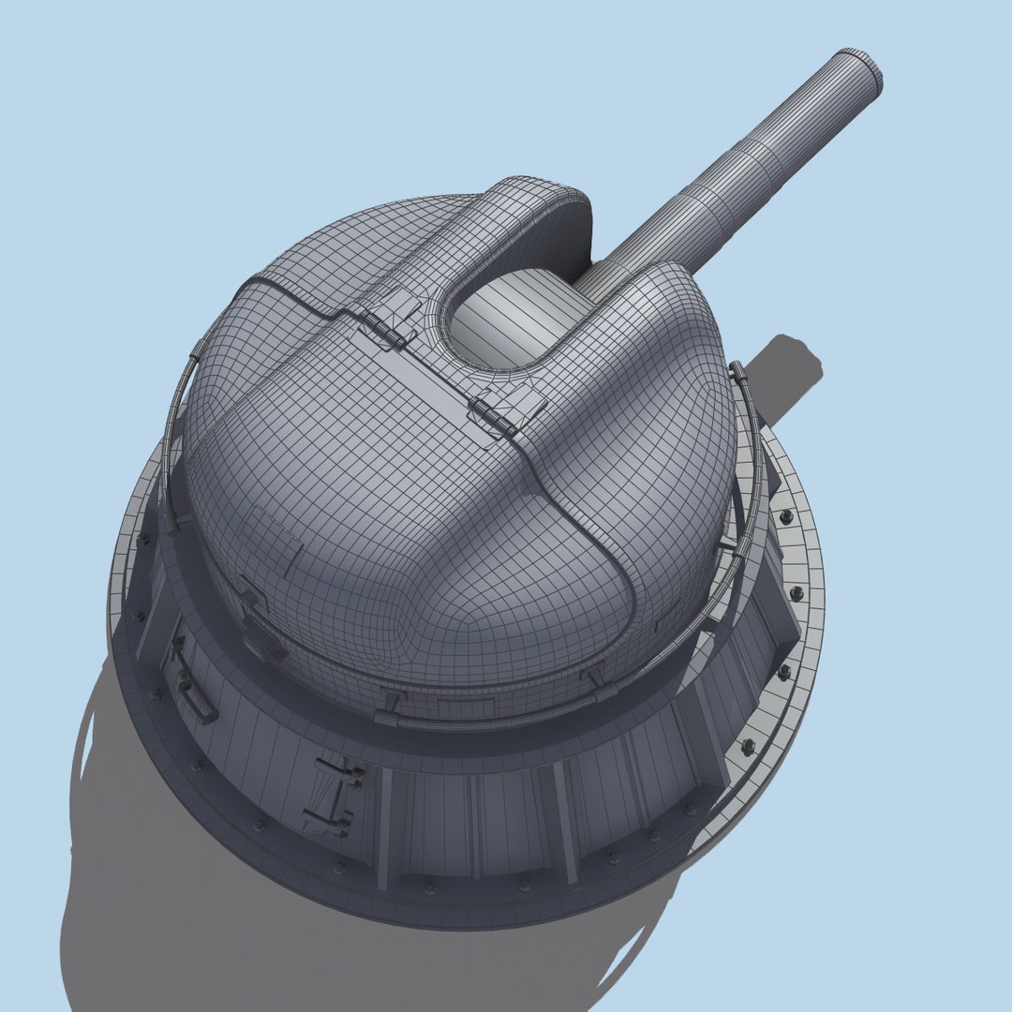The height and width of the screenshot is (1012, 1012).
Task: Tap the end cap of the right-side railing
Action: click(737, 371)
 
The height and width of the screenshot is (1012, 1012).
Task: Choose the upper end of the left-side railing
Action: click(199, 350)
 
